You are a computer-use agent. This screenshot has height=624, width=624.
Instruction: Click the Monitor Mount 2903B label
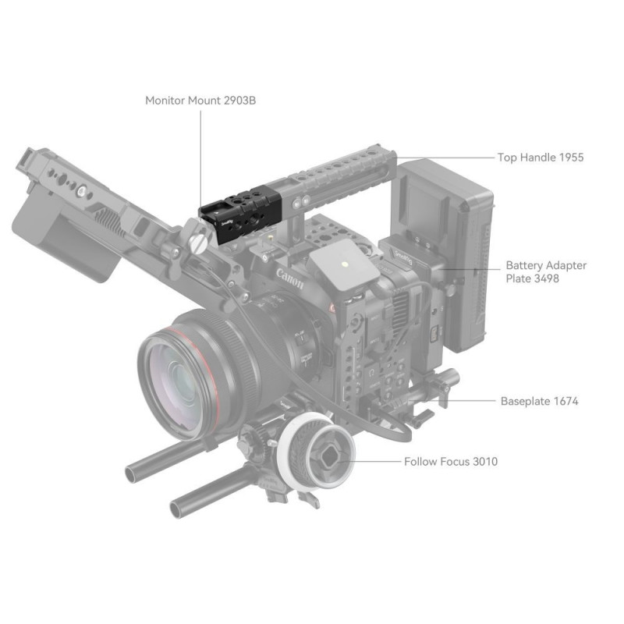click(x=200, y=101)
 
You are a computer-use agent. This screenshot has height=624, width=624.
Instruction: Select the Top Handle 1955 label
click(x=541, y=158)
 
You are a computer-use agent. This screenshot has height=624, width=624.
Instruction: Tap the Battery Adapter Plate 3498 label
click(x=546, y=271)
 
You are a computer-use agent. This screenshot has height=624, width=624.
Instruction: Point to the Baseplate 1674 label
click(x=539, y=401)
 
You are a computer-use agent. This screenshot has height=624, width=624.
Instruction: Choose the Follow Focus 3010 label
click(x=451, y=462)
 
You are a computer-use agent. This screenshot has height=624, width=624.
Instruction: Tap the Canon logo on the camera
click(x=289, y=278)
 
